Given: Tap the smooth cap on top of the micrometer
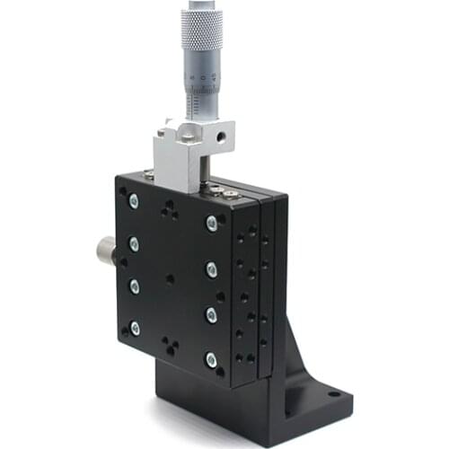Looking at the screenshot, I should coord(200,6).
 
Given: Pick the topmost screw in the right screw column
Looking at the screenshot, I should coord(212,224).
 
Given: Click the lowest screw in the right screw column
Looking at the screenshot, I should coord(211,360).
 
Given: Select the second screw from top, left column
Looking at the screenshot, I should coord(134,243).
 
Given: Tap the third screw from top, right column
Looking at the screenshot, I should coord(211,313).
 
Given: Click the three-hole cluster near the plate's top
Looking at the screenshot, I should coord(169,210).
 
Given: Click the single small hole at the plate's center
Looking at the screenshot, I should coord(170,278).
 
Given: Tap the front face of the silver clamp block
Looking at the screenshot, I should coord(173,166).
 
